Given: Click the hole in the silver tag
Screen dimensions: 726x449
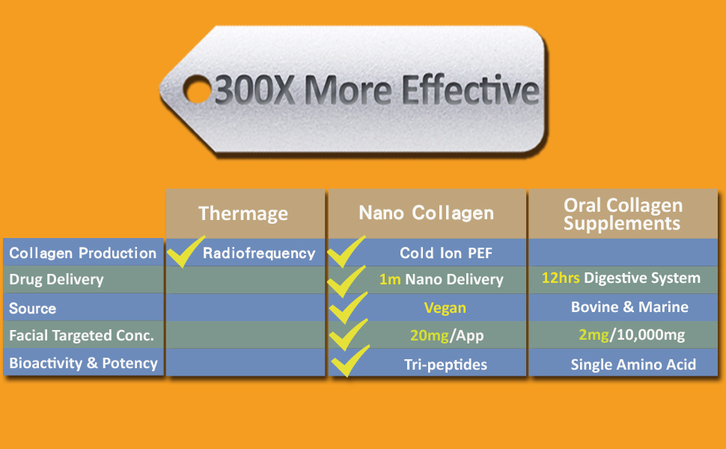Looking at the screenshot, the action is tap(198, 89).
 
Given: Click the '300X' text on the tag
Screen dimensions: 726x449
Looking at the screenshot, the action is tap(254, 90).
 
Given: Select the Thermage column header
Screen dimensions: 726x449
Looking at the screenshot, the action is tap(243, 213).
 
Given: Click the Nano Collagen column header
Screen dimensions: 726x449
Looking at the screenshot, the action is tap(427, 213).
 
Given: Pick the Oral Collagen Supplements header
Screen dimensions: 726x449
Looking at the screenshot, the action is tap(623, 214).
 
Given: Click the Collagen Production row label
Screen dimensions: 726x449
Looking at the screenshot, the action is tap(83, 253).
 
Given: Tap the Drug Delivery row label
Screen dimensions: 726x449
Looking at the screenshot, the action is tap(56, 279).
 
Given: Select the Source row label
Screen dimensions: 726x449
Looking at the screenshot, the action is tap(32, 308).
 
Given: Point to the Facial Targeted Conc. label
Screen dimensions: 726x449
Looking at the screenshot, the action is tap(82, 335).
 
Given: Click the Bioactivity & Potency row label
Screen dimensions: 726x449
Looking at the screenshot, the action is tap(83, 363).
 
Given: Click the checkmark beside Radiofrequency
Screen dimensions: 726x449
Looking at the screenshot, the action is tap(185, 251).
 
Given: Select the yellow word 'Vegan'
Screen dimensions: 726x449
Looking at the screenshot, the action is tap(445, 308).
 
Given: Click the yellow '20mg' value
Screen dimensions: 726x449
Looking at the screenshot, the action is tap(430, 335).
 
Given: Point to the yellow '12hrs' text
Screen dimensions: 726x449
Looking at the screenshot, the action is tap(561, 278).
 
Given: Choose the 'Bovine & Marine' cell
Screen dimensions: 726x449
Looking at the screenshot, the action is tap(629, 307).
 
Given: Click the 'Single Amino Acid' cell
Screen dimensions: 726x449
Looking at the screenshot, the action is tap(633, 364).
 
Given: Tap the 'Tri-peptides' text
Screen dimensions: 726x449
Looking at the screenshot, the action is tap(445, 364).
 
